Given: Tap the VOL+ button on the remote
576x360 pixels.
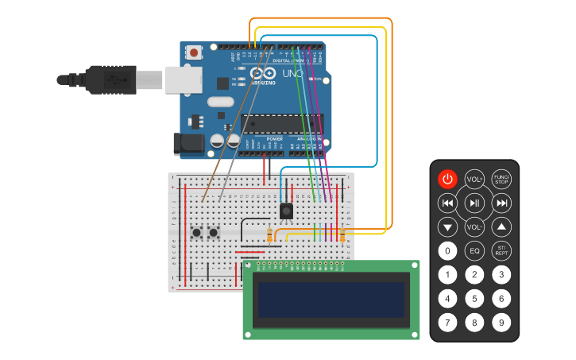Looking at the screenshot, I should point(474,179).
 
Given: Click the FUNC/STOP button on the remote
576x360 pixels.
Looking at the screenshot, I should point(501,179).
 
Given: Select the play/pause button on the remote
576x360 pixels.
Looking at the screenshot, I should point(474,203).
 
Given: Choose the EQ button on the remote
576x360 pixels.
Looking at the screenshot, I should point(474,251).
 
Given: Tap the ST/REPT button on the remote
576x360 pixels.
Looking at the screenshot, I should point(501,251).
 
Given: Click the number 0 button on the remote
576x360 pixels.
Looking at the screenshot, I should point(448,251).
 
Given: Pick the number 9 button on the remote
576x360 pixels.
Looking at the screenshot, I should point(501,323).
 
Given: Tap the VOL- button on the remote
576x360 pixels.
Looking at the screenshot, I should point(474,227).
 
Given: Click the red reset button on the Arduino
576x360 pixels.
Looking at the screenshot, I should point(194,53).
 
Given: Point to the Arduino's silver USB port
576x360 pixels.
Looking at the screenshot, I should point(182,79).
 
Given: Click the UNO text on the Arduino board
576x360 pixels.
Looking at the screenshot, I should point(293,73).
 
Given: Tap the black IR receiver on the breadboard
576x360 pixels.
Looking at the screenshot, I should point(287,211).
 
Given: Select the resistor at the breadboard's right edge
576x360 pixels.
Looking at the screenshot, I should point(342,236).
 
